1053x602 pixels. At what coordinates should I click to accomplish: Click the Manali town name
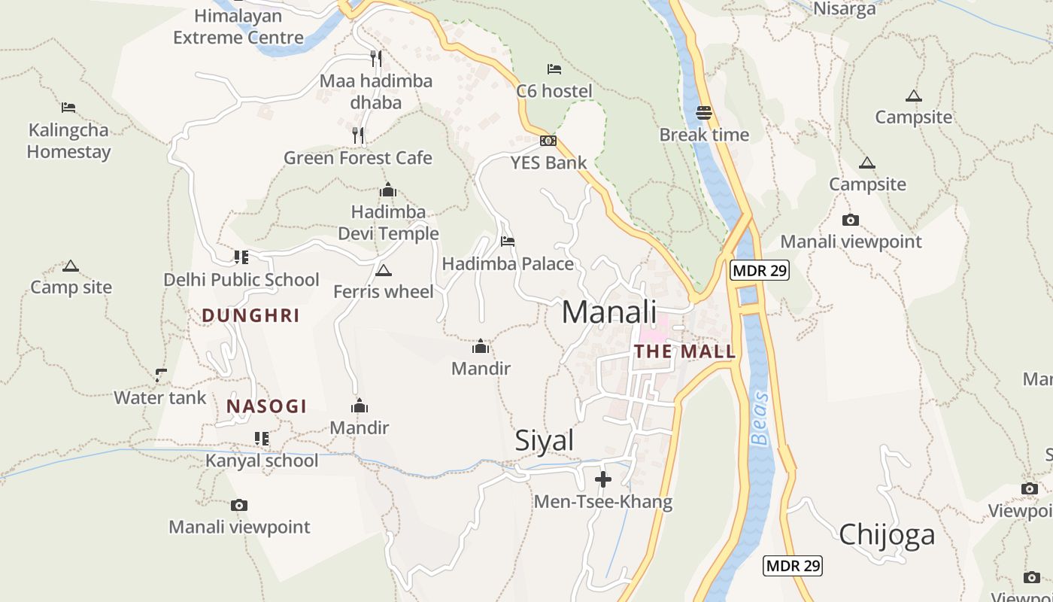(609, 312)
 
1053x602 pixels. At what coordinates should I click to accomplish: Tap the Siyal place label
(545, 441)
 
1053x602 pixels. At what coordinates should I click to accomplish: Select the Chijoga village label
(887, 534)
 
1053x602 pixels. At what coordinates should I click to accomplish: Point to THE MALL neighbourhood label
(684, 351)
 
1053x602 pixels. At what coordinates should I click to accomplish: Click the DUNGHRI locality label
(250, 316)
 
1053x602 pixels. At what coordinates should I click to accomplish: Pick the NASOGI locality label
(267, 407)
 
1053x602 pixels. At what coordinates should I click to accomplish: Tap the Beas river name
(761, 418)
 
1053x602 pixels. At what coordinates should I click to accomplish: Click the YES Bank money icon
(548, 141)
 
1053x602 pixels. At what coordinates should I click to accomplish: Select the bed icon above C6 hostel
(554, 69)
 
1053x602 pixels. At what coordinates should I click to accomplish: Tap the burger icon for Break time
(704, 113)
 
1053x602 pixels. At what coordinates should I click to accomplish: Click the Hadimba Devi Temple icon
(388, 190)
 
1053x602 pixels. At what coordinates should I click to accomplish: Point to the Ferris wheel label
(384, 291)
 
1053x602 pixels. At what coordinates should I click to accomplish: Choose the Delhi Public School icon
(241, 257)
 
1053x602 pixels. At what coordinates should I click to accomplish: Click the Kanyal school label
(262, 461)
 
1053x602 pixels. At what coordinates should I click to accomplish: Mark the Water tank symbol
(160, 374)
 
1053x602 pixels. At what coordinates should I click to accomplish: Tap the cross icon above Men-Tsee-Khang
(603, 479)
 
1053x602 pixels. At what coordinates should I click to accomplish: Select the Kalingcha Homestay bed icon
(68, 108)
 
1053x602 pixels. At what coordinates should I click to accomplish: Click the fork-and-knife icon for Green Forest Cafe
(358, 135)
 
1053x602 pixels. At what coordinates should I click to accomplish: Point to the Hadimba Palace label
(508, 264)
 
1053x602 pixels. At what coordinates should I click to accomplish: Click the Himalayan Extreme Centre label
(238, 26)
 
